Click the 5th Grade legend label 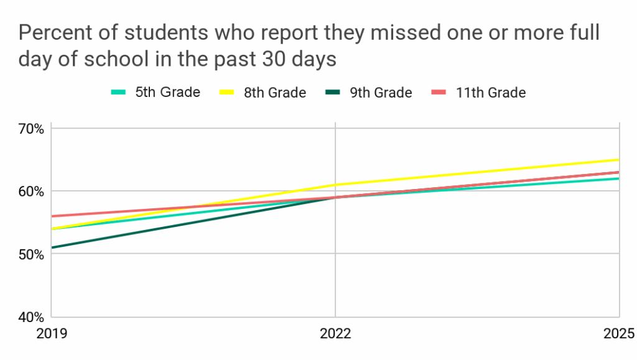[x=167, y=92]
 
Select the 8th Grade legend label [x=274, y=93]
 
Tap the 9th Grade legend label [x=380, y=93]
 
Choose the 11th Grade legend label [x=490, y=93]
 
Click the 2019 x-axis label [x=52, y=334]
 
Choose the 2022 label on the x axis [x=335, y=334]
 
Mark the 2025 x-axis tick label [x=618, y=334]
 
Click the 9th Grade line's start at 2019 [x=52, y=247]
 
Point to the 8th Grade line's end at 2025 [x=618, y=160]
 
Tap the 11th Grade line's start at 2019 [x=52, y=216]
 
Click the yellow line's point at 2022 [x=335, y=185]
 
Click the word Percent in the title [x=55, y=32]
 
